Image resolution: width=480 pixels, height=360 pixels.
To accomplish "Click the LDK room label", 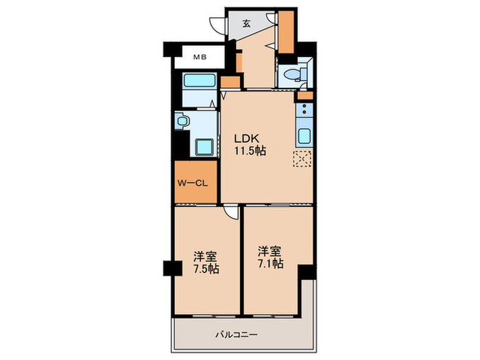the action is (246, 139).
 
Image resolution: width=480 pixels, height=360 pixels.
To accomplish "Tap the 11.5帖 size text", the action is (250, 151).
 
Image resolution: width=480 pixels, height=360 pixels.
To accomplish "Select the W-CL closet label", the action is (193, 183).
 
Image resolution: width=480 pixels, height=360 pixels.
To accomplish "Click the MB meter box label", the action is (200, 57).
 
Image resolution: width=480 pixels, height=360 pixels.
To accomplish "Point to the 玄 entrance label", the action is (246, 23).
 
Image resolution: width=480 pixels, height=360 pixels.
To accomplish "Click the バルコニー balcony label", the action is (236, 335).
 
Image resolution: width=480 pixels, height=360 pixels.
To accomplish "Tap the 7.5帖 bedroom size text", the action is (206, 269).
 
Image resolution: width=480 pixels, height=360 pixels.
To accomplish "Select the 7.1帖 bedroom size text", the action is (270, 263).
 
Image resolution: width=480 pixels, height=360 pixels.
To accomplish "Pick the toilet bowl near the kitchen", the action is (291, 74).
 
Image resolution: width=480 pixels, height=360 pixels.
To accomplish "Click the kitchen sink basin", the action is (304, 136).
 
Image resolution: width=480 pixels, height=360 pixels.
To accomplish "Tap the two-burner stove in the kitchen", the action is (304, 109).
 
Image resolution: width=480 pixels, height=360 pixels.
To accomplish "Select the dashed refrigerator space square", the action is (302, 158).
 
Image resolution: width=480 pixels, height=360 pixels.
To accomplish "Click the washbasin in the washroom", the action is (182, 121).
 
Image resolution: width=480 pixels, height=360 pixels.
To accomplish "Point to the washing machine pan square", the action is (204, 147).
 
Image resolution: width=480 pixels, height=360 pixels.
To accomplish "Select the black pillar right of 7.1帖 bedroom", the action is (307, 272).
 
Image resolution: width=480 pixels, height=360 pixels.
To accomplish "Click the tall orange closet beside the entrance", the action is (286, 32).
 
